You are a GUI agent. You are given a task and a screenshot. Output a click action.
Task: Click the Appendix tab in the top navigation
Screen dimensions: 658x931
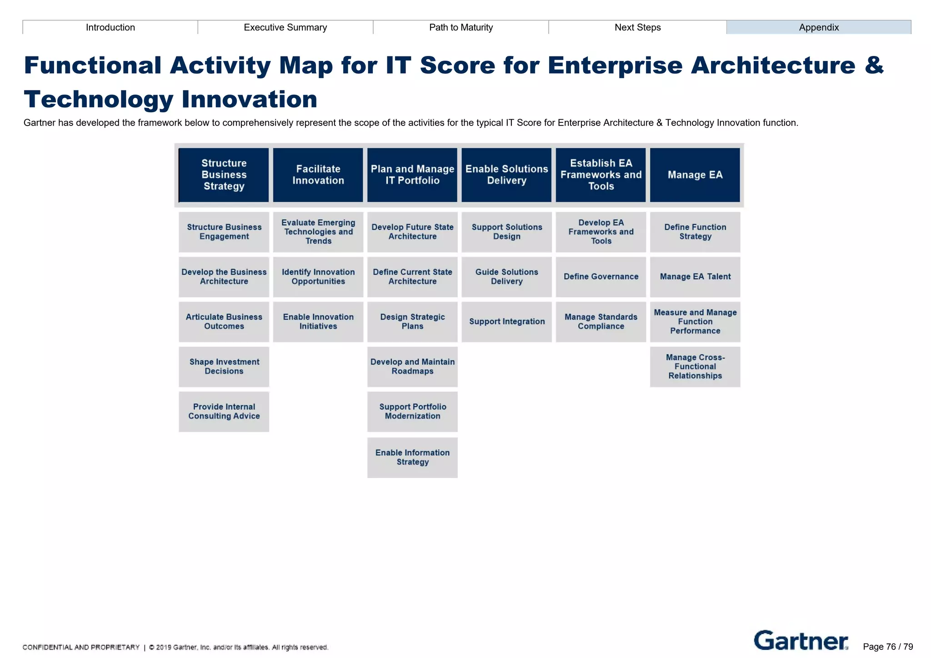pos(818,27)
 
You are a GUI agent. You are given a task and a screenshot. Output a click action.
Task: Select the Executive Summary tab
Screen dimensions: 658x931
pos(285,27)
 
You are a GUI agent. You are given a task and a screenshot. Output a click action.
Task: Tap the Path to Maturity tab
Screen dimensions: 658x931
pos(460,27)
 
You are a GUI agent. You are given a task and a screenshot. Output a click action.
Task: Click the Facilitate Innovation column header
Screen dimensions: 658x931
pos(318,175)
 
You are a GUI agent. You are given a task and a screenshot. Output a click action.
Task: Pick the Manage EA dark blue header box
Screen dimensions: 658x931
pos(695,175)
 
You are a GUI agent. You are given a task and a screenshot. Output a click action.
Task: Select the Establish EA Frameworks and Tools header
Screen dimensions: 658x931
pos(601,175)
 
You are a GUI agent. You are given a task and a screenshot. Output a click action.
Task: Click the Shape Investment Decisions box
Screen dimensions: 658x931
pos(224,367)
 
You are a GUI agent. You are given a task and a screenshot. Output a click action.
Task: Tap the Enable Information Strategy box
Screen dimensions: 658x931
pos(412,457)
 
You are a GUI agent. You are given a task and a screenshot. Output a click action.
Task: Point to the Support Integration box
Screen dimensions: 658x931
pos(506,321)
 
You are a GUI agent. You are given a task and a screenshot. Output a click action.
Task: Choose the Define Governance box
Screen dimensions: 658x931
pos(601,276)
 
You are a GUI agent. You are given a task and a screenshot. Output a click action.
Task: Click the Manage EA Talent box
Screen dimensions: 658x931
pos(695,276)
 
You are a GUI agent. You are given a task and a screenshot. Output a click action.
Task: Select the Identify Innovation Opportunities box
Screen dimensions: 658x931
pos(318,276)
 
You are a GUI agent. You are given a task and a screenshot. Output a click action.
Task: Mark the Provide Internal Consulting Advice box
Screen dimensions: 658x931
pos(224,411)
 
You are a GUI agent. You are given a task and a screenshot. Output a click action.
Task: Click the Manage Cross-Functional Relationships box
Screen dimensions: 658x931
pos(695,367)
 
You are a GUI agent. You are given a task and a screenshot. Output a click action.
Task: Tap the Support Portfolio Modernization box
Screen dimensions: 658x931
pos(412,411)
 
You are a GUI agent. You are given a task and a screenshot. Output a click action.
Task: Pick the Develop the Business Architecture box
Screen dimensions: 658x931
pos(224,276)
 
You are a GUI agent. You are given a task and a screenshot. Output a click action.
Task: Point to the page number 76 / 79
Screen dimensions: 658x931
pos(887,647)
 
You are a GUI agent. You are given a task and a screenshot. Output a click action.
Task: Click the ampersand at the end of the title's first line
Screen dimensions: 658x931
pos(874,65)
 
